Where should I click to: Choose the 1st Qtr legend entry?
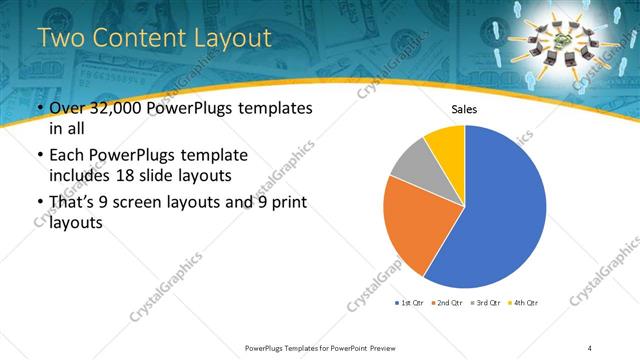click(411, 302)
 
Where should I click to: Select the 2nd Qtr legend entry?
click(448, 302)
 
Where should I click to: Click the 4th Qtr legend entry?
click(522, 302)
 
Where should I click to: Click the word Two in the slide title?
click(59, 39)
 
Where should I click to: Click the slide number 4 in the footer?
click(590, 347)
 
